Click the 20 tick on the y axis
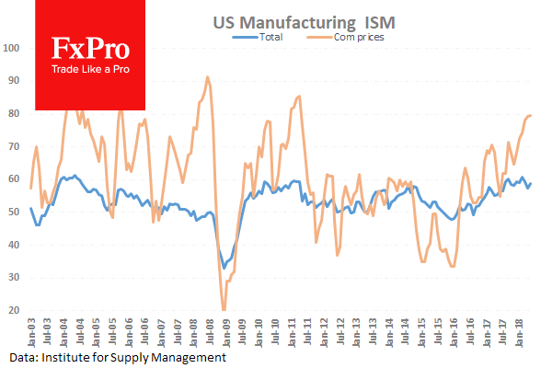tap(14, 310)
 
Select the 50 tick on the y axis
tap(14, 212)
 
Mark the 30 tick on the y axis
tap(14, 277)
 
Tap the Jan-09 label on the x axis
tap(225, 332)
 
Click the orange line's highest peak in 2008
tap(208, 77)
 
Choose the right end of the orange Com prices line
tap(531, 115)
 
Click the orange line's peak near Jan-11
tap(298, 96)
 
